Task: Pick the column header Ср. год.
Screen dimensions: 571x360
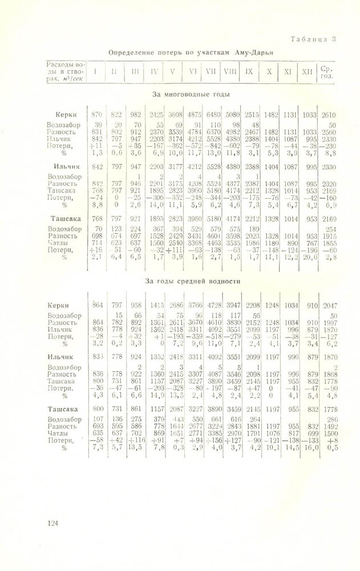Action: coord(327,73)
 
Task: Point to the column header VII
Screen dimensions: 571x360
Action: coord(212,72)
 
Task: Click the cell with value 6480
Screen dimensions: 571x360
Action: coord(213,115)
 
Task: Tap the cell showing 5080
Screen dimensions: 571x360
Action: coord(232,115)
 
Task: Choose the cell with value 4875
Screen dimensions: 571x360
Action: coord(194,115)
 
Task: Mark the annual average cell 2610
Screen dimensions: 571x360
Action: coord(328,115)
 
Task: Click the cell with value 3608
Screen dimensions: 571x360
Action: coord(175,115)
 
